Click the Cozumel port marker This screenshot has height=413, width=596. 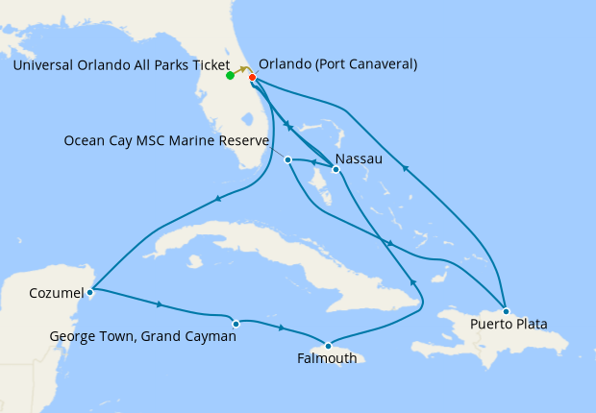pyautogui.click(x=89, y=291)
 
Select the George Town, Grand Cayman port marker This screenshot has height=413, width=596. pyautogui.click(x=236, y=324)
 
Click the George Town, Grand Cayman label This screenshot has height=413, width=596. pyautogui.click(x=143, y=337)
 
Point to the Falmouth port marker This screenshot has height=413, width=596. pyautogui.click(x=328, y=346)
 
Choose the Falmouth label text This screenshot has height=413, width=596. pyautogui.click(x=327, y=359)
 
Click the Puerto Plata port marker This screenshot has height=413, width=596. pyautogui.click(x=506, y=311)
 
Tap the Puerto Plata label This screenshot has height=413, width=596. pyautogui.click(x=509, y=325)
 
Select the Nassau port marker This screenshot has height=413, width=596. pyautogui.click(x=335, y=170)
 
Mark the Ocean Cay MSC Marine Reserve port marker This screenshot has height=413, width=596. pyautogui.click(x=287, y=159)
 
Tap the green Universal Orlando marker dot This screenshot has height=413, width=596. pyautogui.click(x=230, y=75)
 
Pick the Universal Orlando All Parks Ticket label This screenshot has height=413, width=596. pyautogui.click(x=121, y=64)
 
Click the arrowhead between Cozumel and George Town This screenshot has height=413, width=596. pyautogui.click(x=159, y=305)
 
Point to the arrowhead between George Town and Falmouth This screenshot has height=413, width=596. pyautogui.click(x=282, y=328)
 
